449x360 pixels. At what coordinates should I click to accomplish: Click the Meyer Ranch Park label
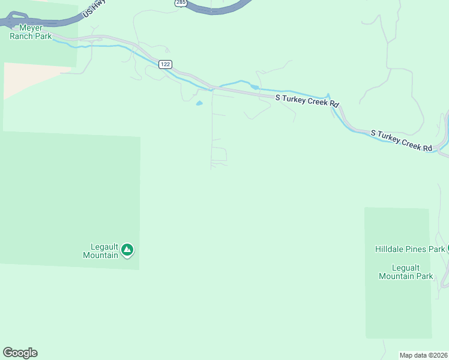tap(31, 31)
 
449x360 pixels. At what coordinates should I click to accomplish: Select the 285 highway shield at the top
tap(181, 3)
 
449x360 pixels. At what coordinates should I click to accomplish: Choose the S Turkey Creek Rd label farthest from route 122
tap(402, 140)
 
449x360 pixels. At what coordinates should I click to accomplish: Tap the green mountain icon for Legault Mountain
tap(127, 250)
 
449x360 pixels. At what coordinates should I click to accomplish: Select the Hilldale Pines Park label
tap(410, 249)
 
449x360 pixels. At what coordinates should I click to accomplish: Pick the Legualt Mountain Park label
tap(406, 272)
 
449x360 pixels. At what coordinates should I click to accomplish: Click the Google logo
tap(20, 353)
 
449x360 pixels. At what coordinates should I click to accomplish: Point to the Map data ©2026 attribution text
tap(423, 355)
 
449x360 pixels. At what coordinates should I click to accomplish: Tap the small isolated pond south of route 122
tap(199, 103)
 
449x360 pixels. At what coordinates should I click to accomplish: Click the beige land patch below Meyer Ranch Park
tap(30, 78)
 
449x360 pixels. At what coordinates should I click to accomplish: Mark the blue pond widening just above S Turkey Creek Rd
tap(255, 87)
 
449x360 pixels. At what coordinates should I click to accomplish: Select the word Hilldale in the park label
tap(393, 249)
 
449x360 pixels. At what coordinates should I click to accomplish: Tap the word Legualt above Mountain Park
tap(406, 268)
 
